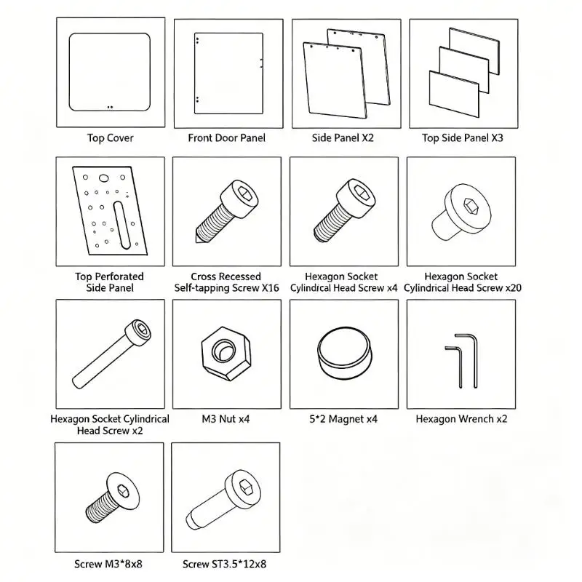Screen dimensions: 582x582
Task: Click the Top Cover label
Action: point(111,138)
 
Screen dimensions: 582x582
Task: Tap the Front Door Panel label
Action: point(226,138)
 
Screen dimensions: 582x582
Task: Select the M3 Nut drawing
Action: point(226,354)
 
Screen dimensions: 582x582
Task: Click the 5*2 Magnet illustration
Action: point(344,354)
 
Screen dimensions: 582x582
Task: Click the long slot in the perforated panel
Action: point(121,225)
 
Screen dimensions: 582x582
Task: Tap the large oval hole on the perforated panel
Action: point(104,178)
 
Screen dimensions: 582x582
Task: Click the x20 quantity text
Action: point(514,288)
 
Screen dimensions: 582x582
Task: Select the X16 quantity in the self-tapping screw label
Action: point(270,288)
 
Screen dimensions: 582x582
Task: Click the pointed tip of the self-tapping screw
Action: point(196,242)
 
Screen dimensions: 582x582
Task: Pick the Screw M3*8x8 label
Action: point(108,565)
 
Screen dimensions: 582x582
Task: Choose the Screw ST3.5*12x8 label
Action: point(224,565)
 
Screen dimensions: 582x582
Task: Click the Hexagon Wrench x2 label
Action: point(461,419)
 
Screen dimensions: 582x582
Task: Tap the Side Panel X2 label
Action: point(343,138)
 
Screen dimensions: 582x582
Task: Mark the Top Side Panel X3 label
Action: point(463,138)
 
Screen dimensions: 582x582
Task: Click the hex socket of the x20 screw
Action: point(469,205)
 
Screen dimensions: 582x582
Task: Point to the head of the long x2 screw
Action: point(138,332)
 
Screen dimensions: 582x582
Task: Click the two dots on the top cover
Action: point(110,107)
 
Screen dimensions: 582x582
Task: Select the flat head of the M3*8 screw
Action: point(123,492)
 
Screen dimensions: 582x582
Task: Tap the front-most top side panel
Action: point(454,94)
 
